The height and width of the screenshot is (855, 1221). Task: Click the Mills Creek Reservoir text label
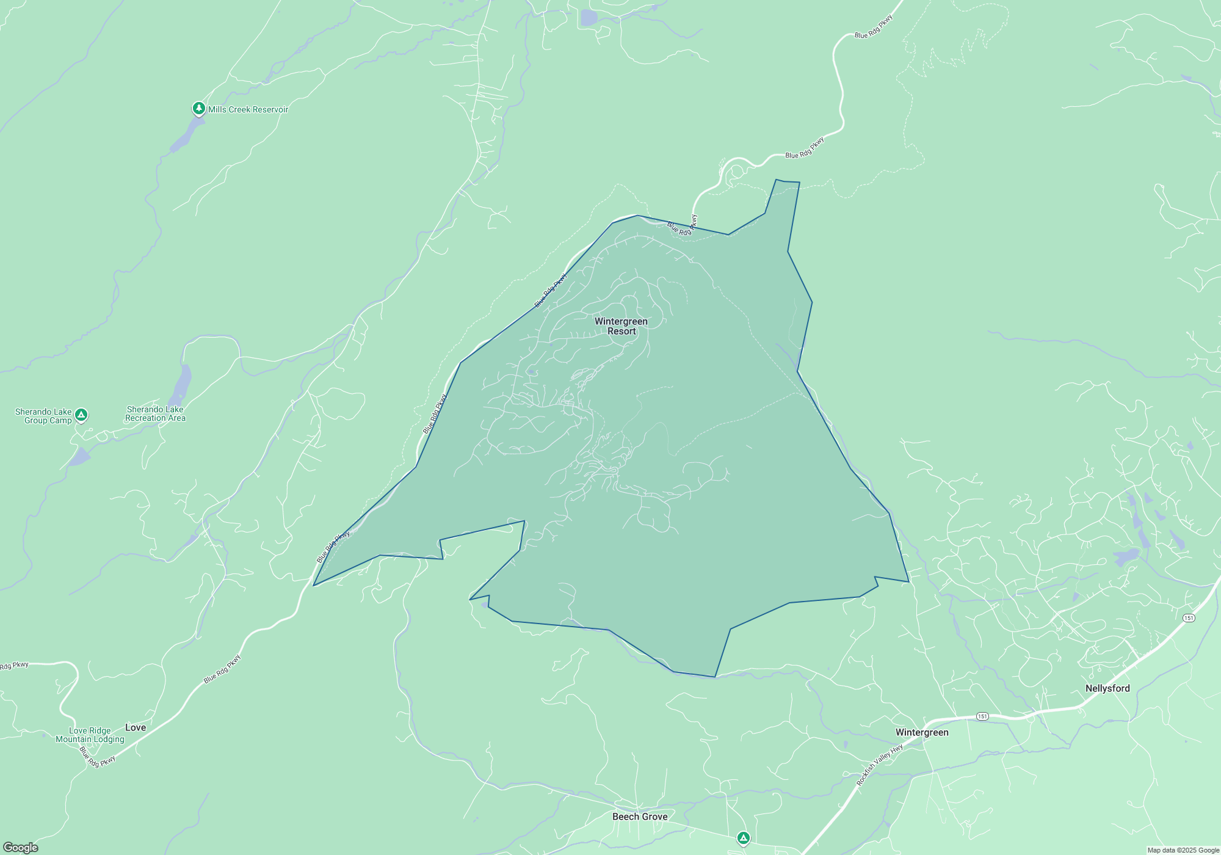248,110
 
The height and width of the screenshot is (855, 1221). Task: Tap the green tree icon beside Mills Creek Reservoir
198,109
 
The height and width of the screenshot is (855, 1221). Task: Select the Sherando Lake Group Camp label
43,416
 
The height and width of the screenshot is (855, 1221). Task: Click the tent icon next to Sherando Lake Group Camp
81,415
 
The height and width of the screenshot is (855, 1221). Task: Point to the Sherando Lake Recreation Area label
155,414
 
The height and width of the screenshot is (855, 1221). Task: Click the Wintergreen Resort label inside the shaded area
621,326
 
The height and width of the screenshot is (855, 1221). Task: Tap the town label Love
136,727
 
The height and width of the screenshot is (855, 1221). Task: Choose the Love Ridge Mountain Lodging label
90,735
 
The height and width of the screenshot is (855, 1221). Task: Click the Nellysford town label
1107,688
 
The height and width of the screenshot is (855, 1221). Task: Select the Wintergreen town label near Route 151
922,732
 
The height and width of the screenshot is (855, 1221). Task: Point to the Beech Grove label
640,817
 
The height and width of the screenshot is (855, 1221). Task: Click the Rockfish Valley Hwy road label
879,765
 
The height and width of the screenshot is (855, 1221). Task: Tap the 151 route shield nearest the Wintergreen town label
982,716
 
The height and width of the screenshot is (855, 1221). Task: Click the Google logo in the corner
21,848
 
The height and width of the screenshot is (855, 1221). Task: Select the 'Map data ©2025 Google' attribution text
1183,850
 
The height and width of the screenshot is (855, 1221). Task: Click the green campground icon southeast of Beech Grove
743,838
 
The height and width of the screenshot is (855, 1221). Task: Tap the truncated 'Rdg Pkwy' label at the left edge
13,665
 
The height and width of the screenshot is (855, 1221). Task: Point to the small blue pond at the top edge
589,18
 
